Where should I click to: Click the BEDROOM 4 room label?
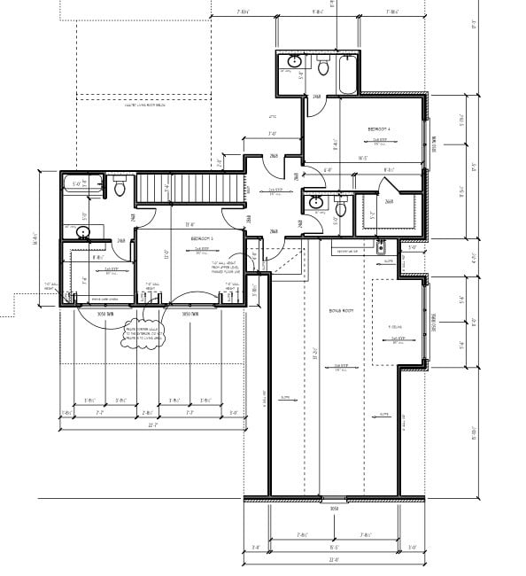tap(378, 129)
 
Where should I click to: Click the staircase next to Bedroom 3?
tap(190, 188)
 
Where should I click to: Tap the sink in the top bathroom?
tap(294, 63)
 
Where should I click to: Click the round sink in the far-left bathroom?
tap(84, 234)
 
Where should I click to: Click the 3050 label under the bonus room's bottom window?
tap(334, 509)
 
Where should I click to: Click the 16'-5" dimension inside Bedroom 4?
tap(362, 160)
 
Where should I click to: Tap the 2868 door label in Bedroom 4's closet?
tap(388, 201)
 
